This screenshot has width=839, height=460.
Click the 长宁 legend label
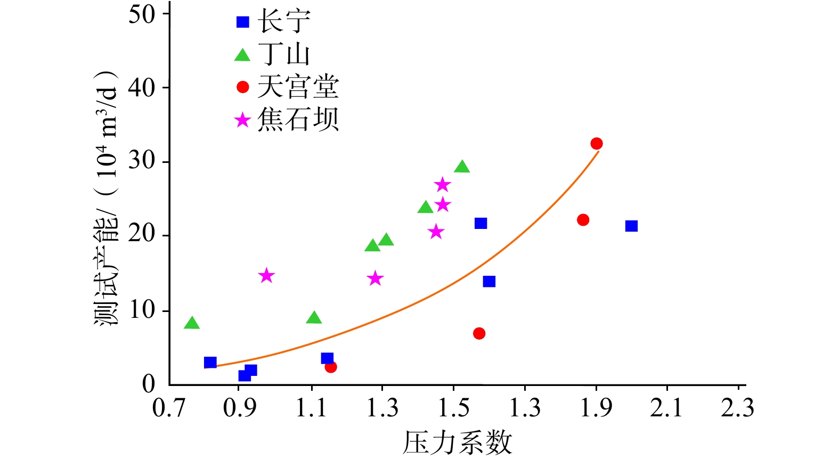click(284, 22)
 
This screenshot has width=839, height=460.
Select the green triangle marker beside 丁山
click(242, 55)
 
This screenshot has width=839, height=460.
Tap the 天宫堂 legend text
click(298, 87)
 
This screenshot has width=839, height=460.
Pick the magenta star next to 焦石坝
click(242, 120)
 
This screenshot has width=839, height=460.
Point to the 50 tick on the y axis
click(142, 14)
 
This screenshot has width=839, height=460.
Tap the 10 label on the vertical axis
click(142, 310)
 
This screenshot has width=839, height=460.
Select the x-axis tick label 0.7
click(169, 408)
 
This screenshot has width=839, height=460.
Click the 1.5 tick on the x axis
click(453, 408)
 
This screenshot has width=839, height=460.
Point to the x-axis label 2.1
click(666, 408)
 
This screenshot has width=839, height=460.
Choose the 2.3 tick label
click(738, 408)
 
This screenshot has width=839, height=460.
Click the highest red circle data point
click(597, 144)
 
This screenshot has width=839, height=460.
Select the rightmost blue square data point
click(631, 226)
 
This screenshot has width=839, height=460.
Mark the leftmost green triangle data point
click(192, 323)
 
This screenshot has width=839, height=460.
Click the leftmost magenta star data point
click(266, 276)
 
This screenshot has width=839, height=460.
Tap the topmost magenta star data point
click(443, 185)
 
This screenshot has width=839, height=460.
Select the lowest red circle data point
click(331, 367)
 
